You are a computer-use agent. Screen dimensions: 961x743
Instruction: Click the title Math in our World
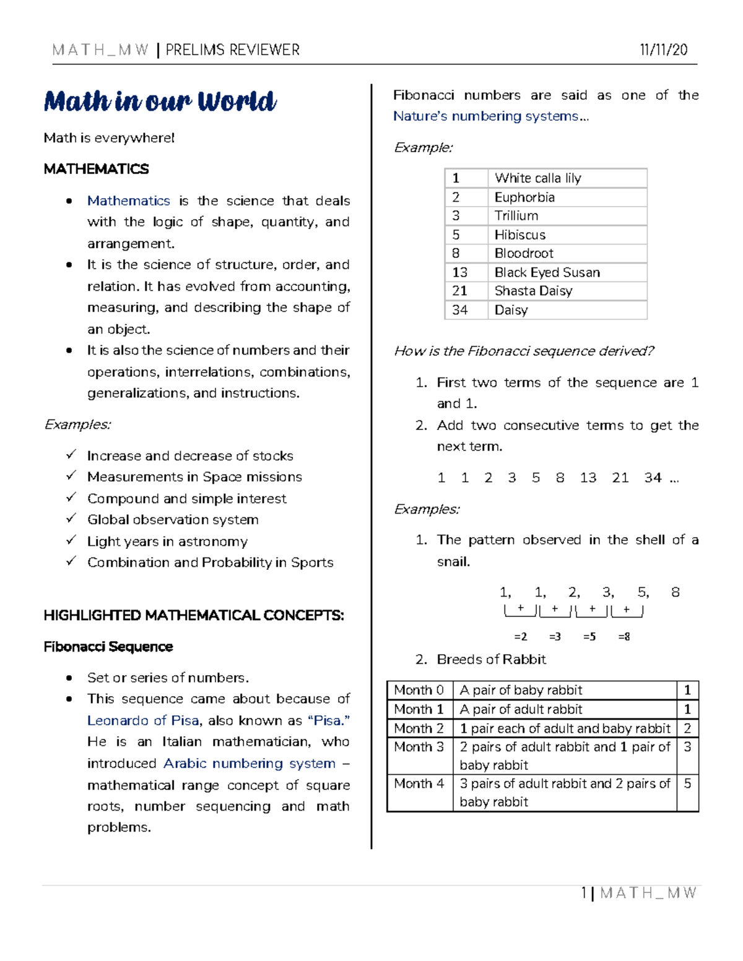(160, 101)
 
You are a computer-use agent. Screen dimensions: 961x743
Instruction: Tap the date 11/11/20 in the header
(664, 50)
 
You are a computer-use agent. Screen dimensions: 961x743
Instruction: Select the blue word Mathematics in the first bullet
(128, 200)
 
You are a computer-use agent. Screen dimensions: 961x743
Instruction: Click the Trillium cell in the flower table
(516, 216)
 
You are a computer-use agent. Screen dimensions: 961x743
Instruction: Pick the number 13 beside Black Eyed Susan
(459, 272)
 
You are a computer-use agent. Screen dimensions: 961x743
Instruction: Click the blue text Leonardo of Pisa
(143, 720)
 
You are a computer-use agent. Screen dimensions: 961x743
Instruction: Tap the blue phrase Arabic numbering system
(249, 763)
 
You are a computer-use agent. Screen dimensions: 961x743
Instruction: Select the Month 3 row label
(419, 747)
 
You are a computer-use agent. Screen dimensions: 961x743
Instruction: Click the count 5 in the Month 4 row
(687, 783)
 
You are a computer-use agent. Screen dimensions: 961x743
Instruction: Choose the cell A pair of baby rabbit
(521, 690)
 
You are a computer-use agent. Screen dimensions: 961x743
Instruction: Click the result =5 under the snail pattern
(589, 637)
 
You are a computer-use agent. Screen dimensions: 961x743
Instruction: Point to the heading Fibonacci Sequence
(108, 647)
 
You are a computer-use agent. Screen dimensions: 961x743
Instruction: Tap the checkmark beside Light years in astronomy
(71, 540)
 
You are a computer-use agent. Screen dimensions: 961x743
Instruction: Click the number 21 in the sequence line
(620, 478)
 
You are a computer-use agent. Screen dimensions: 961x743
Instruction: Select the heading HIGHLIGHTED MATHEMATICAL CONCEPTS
(194, 615)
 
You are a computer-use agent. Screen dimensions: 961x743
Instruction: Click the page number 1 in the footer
(584, 892)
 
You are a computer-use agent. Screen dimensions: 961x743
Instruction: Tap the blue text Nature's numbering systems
(486, 116)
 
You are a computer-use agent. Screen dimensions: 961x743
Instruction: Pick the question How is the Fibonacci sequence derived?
(524, 351)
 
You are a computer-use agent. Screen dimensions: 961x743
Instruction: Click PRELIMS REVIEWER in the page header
(232, 50)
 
